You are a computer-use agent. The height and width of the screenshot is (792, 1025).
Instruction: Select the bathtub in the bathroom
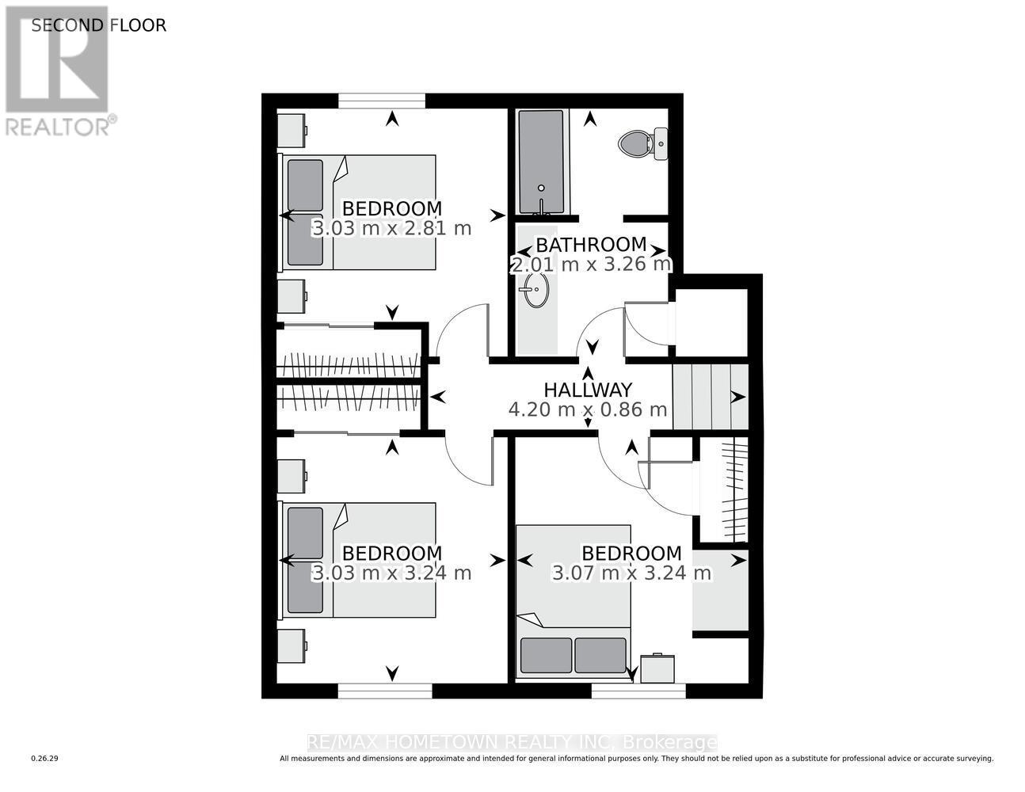[542, 162]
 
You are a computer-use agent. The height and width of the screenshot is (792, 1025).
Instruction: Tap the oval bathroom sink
[535, 291]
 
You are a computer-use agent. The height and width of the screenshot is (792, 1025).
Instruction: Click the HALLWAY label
[588, 390]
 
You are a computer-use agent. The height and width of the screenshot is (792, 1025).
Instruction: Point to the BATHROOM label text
[591, 245]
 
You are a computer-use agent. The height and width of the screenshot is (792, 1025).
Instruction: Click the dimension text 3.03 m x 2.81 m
[392, 229]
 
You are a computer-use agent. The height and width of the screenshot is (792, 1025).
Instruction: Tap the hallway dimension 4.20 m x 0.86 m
[588, 410]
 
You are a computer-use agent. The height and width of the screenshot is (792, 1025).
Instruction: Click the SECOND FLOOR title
[99, 25]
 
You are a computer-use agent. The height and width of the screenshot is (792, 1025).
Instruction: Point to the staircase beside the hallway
[710, 396]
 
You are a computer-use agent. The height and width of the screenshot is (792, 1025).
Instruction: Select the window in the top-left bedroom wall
[381, 101]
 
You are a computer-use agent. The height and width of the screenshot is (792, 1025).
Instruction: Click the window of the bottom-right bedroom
[638, 691]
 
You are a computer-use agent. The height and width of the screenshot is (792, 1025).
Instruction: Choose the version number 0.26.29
[45, 759]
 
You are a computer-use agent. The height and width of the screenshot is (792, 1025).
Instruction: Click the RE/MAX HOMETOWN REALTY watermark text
[512, 743]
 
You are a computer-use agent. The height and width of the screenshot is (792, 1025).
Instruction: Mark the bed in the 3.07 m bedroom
[573, 602]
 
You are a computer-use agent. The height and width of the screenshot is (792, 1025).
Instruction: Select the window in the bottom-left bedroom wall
[385, 691]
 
